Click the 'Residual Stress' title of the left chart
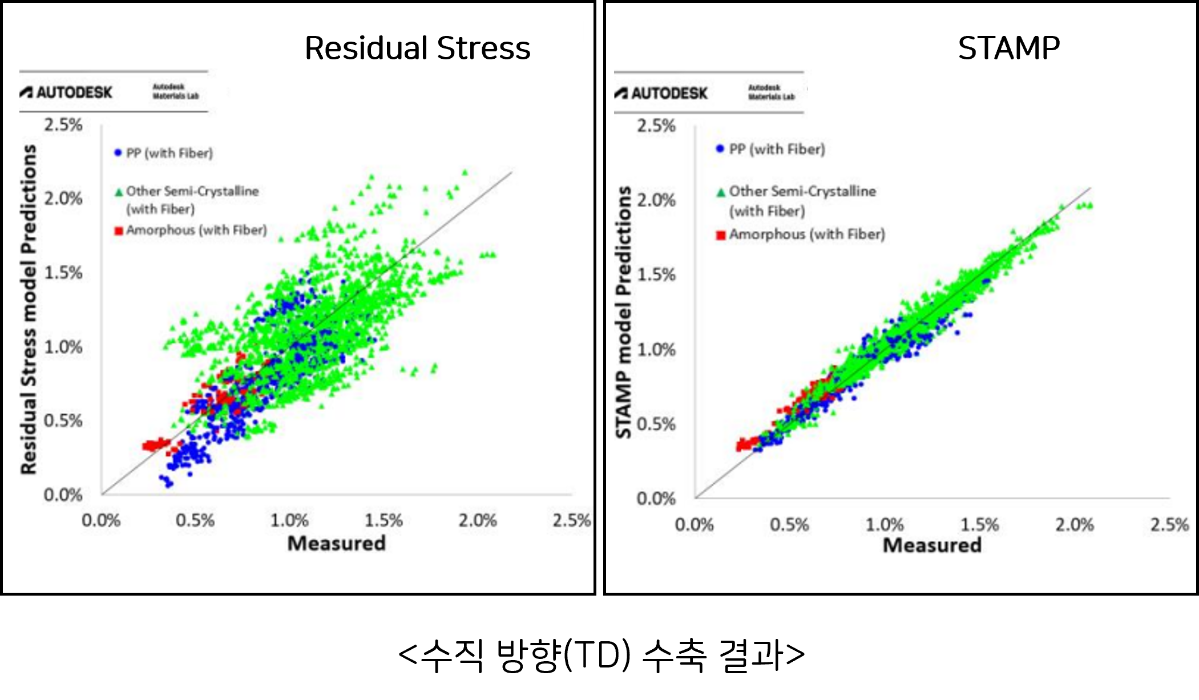point(417,48)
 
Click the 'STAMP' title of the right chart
point(1008,48)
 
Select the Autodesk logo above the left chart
point(67,92)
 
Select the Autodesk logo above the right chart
point(661,93)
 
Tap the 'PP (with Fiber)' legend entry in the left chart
point(169,153)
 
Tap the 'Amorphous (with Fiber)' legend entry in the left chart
point(196,230)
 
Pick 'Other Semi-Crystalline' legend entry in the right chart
point(802,192)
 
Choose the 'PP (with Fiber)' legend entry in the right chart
point(777,149)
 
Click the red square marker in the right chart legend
point(721,235)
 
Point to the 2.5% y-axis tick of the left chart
point(63,125)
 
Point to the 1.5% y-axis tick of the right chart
point(656,275)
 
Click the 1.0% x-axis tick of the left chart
point(289,520)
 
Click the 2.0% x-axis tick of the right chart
point(1074,525)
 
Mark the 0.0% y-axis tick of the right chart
point(656,499)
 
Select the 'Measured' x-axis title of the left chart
point(337,543)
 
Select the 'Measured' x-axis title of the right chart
point(932,545)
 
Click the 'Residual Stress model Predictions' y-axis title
point(29,309)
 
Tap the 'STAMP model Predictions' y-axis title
point(624,312)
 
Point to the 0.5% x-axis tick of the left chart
point(195,520)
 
